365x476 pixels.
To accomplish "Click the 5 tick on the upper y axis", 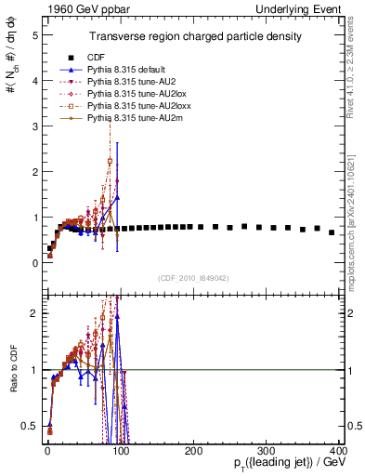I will (x=34, y=35).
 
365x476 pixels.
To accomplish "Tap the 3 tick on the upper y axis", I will (x=34, y=126).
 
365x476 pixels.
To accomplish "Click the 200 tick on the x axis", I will (x=193, y=451).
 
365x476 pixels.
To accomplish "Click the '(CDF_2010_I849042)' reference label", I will (x=193, y=277).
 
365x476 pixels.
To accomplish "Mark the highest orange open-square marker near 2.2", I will (x=111, y=161).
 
